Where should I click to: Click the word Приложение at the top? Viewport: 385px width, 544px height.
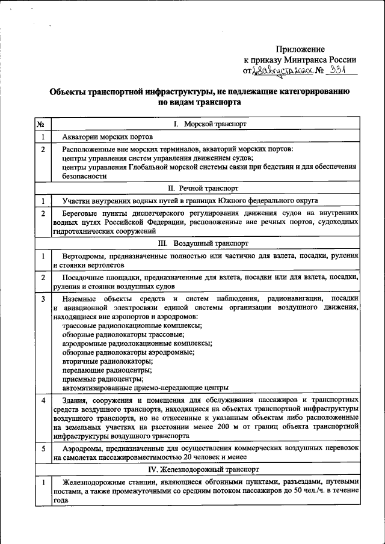point(300,49)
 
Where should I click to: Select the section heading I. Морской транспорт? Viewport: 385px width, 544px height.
point(206,124)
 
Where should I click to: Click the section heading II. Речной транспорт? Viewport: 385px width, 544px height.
point(206,188)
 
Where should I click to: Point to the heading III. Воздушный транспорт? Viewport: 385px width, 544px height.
point(206,243)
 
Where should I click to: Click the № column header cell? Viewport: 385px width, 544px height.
point(42,124)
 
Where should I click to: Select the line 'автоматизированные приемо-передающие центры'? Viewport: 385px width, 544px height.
point(144,388)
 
